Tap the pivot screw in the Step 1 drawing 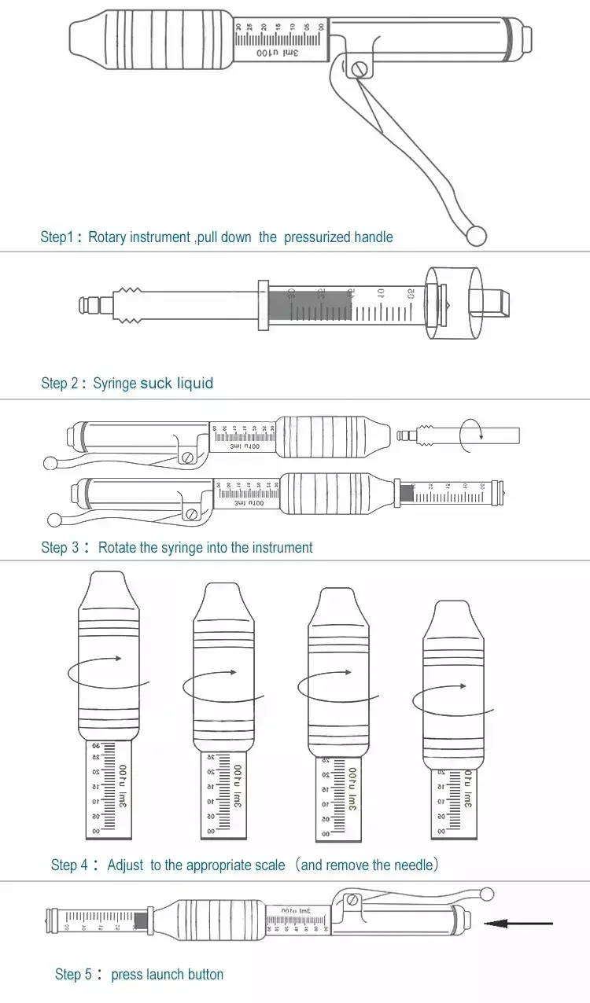pyautogui.click(x=360, y=69)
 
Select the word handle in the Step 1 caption pyautogui.click(x=373, y=237)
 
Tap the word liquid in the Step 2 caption pyautogui.click(x=195, y=383)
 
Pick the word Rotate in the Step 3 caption pyautogui.click(x=117, y=548)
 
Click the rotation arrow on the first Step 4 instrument pyautogui.click(x=118, y=659)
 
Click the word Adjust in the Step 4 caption pyautogui.click(x=126, y=865)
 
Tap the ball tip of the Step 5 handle pyautogui.click(x=488, y=893)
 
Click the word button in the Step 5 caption pyautogui.click(x=205, y=975)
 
